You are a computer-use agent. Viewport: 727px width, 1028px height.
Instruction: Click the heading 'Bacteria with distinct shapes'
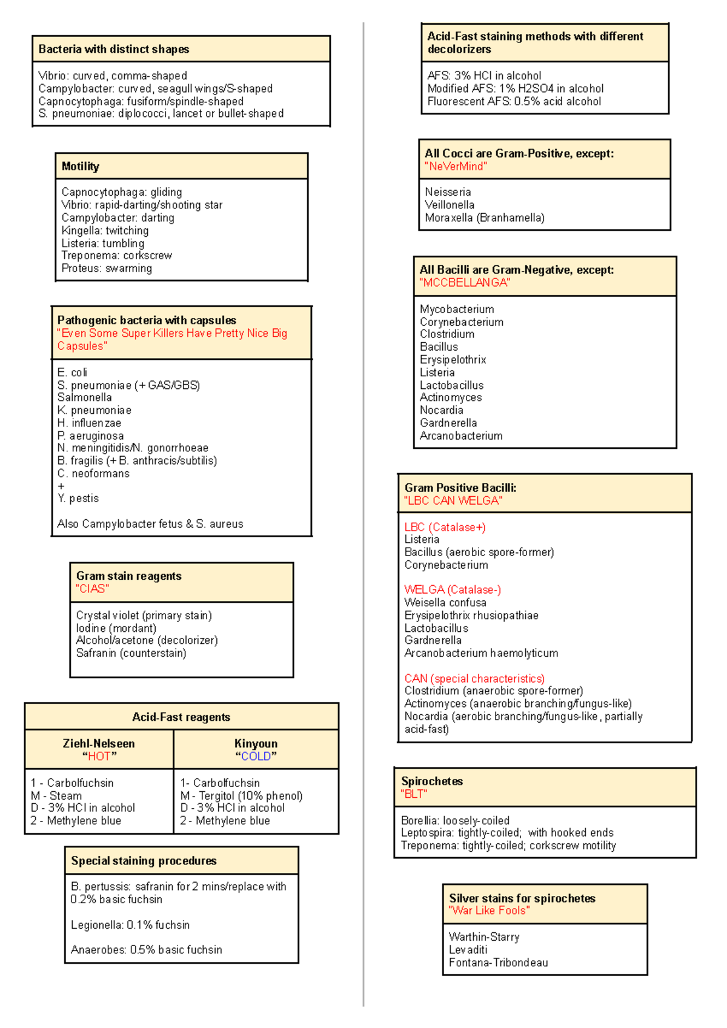[114, 49]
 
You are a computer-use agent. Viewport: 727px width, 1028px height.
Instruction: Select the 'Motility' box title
[81, 166]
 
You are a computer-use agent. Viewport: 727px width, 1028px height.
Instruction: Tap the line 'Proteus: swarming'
[107, 268]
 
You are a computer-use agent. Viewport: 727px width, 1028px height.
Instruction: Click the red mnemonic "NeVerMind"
[456, 167]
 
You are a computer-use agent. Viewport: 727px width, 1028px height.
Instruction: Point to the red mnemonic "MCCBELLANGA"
[465, 283]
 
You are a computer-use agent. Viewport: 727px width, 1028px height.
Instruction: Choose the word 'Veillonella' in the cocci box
[450, 205]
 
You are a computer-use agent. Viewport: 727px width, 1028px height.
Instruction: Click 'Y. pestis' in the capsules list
[78, 499]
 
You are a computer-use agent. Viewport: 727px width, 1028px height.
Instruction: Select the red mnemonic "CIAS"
[92, 589]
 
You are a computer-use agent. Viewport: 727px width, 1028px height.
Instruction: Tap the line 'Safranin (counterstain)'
[131, 653]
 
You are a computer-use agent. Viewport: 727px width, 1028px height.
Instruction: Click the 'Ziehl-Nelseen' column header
[99, 743]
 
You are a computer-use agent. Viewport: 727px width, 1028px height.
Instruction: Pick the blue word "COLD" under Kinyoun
[256, 756]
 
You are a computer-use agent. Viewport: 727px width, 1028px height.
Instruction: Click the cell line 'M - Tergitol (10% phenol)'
[241, 795]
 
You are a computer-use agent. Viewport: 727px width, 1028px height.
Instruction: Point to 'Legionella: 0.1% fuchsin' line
[130, 925]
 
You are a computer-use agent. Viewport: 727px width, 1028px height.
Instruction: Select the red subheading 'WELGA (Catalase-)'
[453, 589]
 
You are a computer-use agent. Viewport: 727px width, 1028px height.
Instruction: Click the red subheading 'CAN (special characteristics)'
[474, 678]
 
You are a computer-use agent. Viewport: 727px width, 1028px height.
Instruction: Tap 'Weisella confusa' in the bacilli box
[445, 602]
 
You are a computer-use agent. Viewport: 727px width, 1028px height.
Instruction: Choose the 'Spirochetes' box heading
[432, 781]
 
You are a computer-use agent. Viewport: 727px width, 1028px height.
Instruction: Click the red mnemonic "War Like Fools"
[489, 910]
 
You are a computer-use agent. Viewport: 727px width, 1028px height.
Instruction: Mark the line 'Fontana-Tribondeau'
[498, 963]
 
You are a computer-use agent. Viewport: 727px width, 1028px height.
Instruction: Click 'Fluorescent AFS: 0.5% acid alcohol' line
[514, 101]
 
